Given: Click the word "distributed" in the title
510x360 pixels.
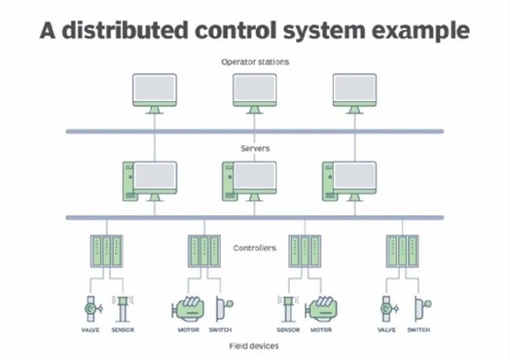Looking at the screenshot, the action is tap(125, 30).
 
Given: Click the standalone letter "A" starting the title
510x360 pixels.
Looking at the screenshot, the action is tap(48, 31).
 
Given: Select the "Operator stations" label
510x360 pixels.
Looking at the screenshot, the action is tap(255, 62).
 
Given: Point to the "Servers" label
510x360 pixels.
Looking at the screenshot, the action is tap(255, 148).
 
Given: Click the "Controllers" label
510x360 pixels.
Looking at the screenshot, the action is tap(255, 248).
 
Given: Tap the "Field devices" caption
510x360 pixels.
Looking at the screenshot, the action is tap(254, 346).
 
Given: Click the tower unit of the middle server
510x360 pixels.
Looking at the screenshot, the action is tap(228, 181).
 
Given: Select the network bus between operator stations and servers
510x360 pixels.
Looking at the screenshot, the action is tap(255, 131).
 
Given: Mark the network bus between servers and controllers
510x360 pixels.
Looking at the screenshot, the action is tap(255, 218).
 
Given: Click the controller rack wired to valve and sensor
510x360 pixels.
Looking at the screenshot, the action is tap(107, 251).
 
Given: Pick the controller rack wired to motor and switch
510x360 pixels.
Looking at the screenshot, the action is tap(204, 251).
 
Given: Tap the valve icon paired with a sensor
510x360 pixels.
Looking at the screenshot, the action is tap(92, 309).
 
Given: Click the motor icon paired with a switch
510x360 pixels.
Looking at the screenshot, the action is tap(188, 309).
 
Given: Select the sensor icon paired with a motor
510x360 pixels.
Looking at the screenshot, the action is tap(288, 309).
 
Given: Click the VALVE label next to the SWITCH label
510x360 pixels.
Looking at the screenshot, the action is tap(387, 330).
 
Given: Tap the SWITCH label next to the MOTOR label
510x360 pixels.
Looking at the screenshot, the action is tap(220, 330).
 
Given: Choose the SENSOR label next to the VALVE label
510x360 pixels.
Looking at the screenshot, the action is tap(123, 330).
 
